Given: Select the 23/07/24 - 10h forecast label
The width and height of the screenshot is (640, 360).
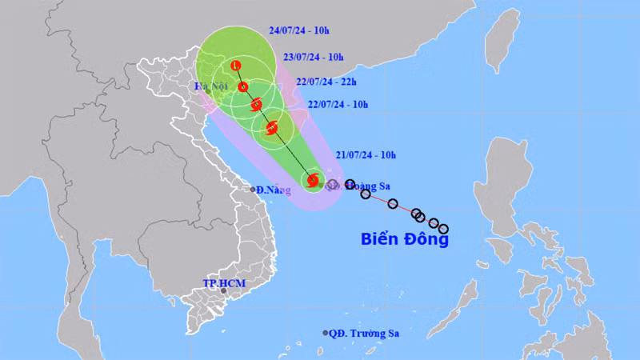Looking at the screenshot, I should point(314,58).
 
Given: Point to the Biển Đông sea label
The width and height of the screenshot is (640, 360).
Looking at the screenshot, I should point(405,238).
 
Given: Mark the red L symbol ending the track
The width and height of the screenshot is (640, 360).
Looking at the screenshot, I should point(235,66).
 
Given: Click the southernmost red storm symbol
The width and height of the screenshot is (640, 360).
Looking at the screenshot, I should point(313,181).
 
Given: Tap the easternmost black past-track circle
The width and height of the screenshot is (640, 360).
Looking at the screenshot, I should point(442,229).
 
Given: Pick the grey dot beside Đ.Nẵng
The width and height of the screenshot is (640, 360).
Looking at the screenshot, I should point(253,190).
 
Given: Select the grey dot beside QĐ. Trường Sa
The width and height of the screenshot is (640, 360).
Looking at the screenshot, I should point(326,333).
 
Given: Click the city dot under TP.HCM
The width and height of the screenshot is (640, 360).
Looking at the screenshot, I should point(224,293).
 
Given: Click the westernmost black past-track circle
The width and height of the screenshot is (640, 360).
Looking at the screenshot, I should point(350,185).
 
